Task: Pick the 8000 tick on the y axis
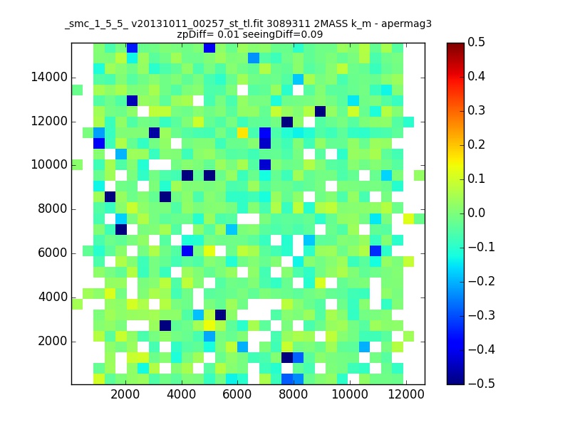(x=51, y=209)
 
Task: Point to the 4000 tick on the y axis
(x=51, y=297)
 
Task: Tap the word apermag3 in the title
(x=407, y=23)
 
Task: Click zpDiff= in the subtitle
(x=195, y=33)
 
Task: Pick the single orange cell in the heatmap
(x=243, y=132)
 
